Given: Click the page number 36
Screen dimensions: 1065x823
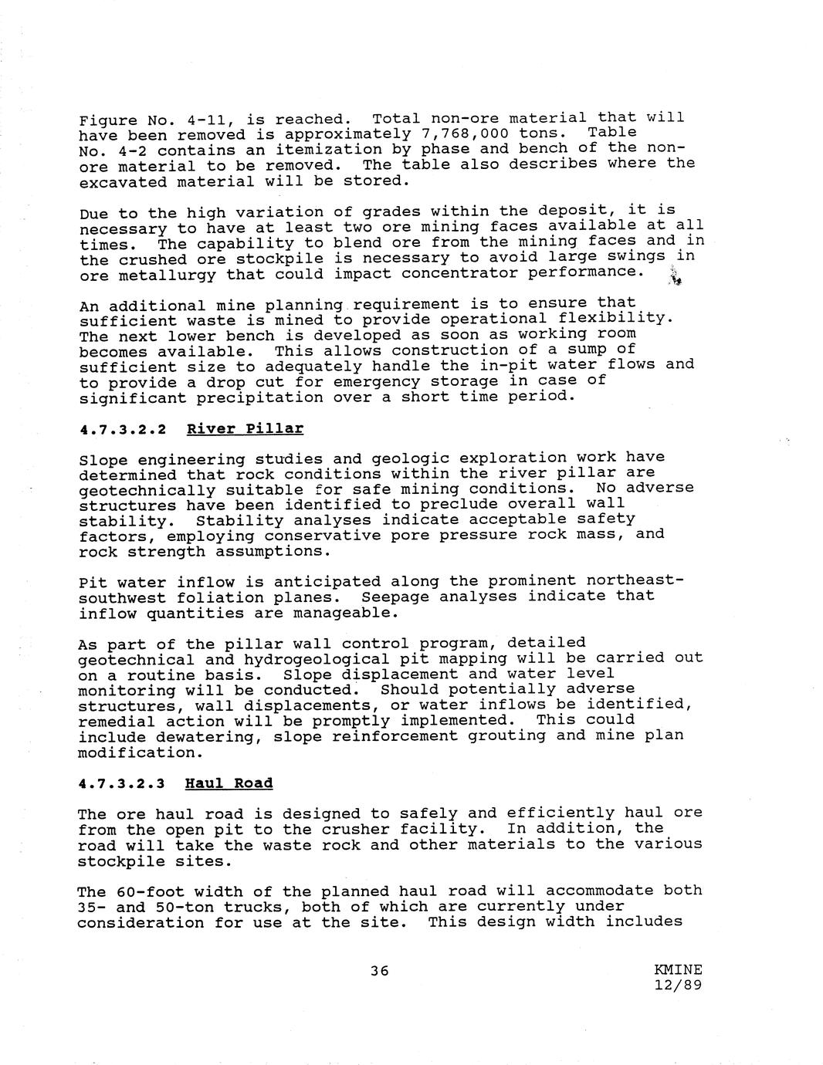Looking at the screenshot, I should pos(379,971).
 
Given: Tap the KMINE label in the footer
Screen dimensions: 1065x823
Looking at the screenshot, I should pos(678,970).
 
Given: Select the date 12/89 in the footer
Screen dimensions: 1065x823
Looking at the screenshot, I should pos(678,986).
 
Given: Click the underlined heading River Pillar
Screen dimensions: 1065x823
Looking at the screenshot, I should pos(245,428).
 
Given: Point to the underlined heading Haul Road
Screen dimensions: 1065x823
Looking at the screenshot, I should pos(229,783).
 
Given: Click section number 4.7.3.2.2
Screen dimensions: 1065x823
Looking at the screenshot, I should pos(122,429).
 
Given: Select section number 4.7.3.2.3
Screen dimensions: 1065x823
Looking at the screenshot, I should pos(122,784).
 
